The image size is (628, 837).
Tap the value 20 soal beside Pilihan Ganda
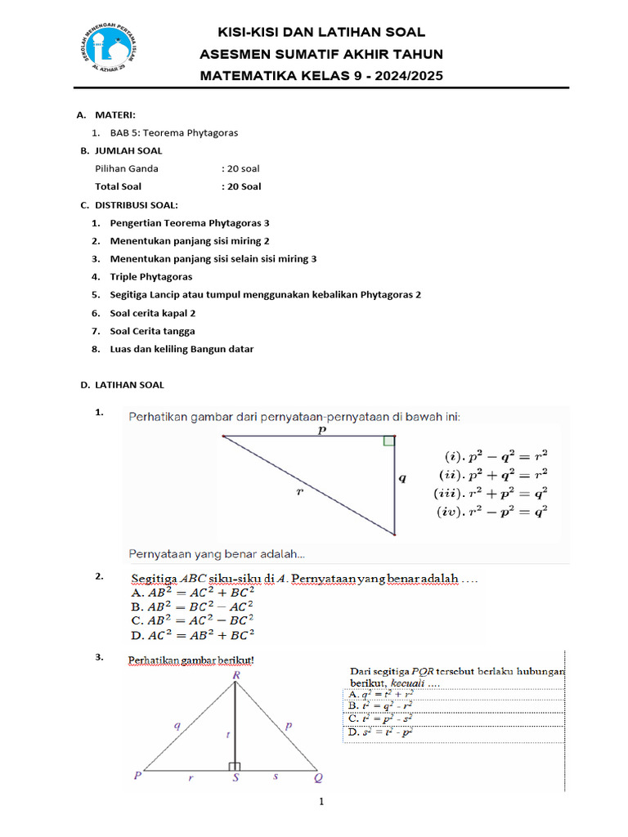(240, 168)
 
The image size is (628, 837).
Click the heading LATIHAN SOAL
(129, 384)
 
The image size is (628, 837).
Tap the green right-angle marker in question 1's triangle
(389, 441)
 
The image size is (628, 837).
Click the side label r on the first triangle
(299, 491)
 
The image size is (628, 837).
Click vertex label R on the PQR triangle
(235, 675)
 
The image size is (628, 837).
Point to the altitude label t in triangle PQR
(228, 735)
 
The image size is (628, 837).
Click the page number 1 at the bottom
(322, 802)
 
